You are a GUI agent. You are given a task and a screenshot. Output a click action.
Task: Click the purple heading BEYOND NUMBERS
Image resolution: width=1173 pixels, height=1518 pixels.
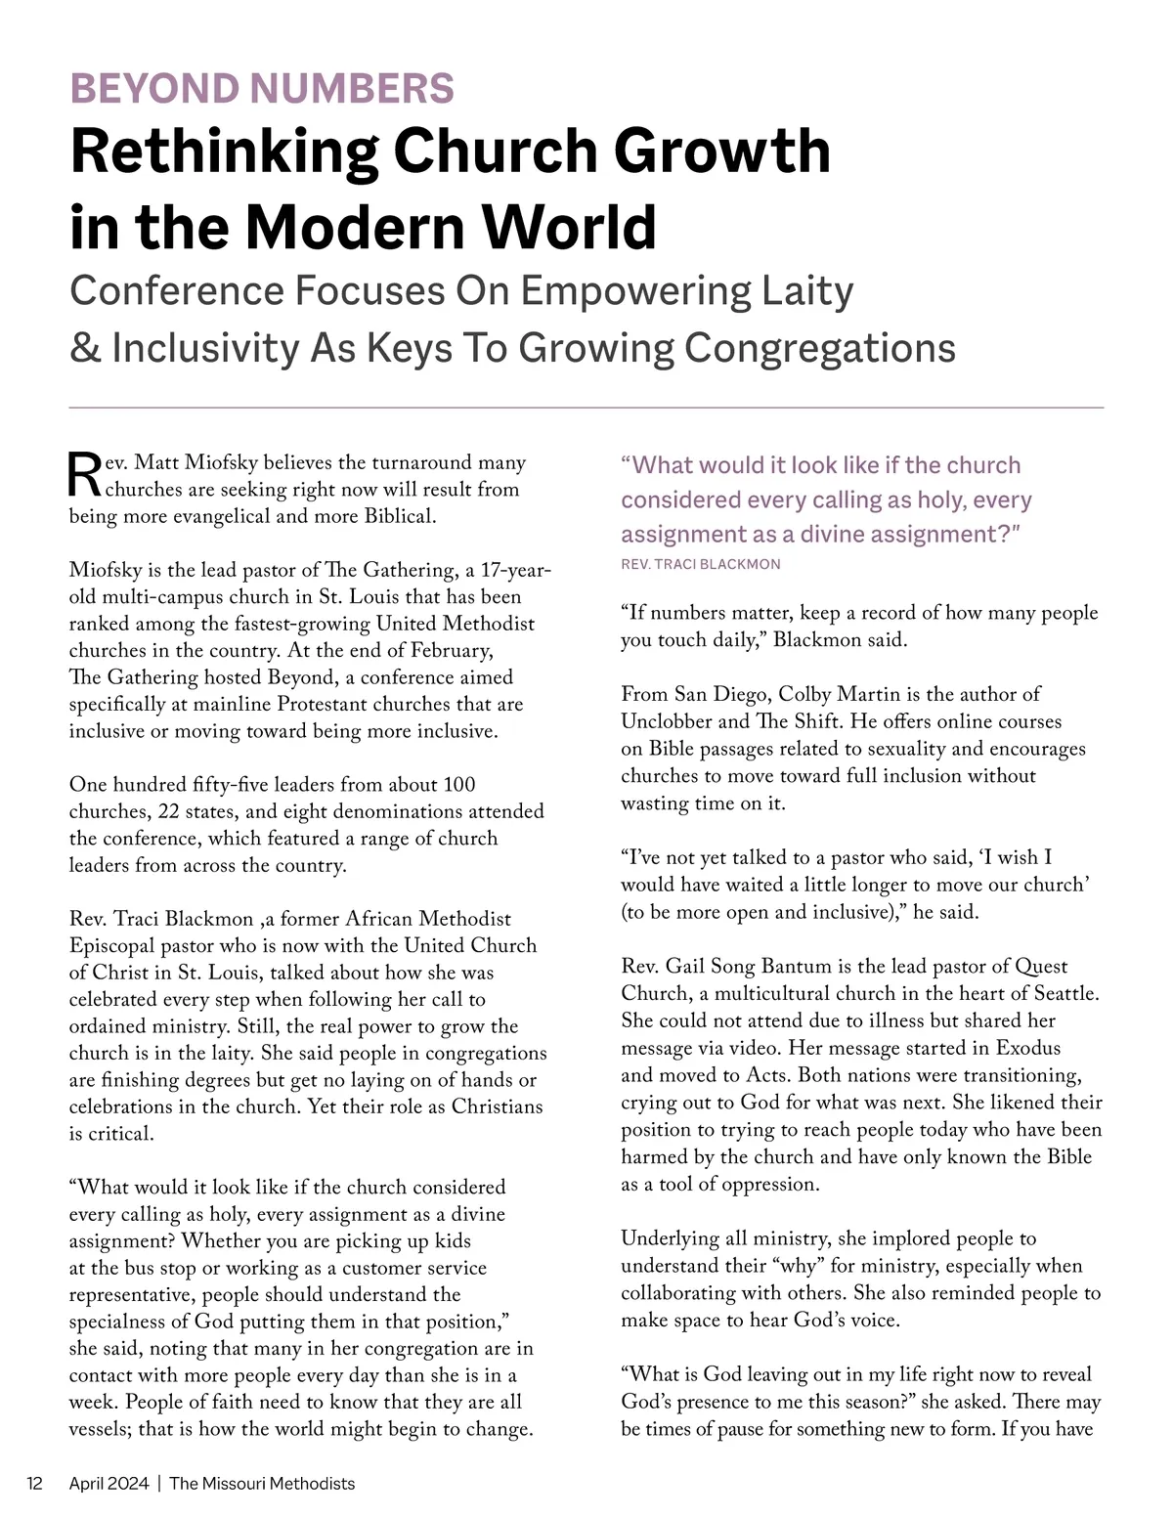point(262,88)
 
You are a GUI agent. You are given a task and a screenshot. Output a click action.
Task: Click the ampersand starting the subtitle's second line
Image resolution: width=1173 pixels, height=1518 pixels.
point(85,348)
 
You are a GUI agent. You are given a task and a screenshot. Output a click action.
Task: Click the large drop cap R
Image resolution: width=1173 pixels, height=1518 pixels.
point(85,475)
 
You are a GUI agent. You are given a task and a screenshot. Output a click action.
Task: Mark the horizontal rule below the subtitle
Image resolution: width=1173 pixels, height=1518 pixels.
point(586,407)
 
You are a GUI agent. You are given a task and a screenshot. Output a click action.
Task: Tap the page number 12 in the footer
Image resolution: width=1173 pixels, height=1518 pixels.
point(35,1483)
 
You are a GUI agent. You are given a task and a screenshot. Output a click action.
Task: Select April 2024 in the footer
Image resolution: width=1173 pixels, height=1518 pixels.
point(109,1483)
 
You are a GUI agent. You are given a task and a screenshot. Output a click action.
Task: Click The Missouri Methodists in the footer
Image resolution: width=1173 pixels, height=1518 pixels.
point(262,1483)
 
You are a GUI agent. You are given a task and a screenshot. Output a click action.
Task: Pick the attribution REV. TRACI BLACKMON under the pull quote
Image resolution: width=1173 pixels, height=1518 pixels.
point(701,564)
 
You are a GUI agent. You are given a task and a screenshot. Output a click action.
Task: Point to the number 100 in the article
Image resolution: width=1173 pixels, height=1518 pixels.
point(459,784)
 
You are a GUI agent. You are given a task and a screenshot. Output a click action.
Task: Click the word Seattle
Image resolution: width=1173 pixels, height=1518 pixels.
point(1060,993)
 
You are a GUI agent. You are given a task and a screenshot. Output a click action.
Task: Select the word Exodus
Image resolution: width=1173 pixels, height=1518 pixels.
point(1027,1048)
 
